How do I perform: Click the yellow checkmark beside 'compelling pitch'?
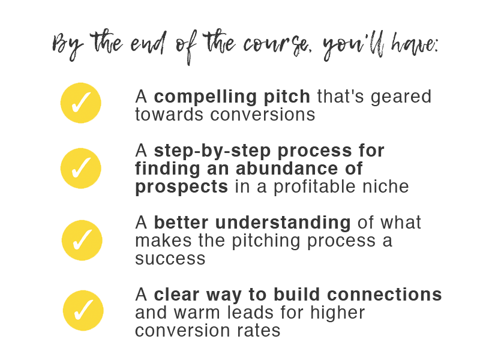tap(81, 103)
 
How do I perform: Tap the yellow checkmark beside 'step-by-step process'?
tap(81, 169)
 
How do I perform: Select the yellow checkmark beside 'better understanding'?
tap(82, 241)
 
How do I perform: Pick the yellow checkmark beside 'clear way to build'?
tap(83, 310)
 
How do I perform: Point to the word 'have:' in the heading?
tap(415, 44)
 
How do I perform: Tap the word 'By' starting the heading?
tap(68, 46)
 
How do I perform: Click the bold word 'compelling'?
tap(205, 97)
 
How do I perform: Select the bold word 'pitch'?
tap(287, 97)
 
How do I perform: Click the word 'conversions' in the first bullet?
tap(263, 115)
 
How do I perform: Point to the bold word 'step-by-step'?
tap(212, 151)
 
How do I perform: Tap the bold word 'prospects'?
tap(182, 187)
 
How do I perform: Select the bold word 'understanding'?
tap(283, 223)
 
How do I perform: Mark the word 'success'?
tap(170, 259)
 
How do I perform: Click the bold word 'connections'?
tap(384, 295)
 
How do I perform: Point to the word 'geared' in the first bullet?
tap(401, 97)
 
